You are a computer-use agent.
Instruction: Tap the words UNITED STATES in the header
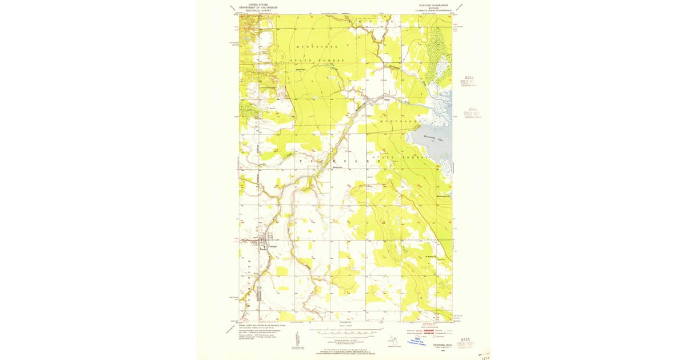[254, 3]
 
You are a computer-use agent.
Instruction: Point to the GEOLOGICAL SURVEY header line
[254, 10]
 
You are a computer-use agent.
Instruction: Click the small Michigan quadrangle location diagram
[392, 339]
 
